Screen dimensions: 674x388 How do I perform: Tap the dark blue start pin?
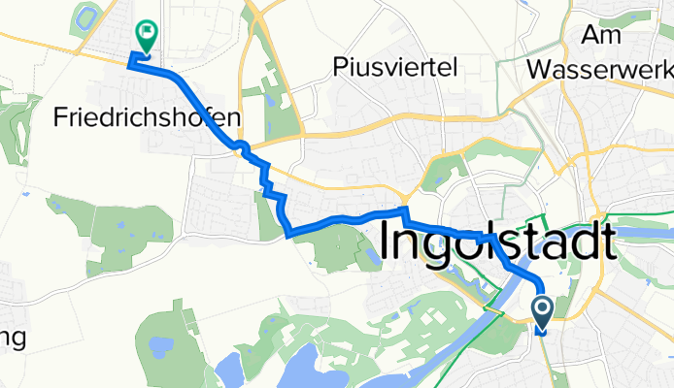point(542,313)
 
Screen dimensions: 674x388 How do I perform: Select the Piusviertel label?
point(394,66)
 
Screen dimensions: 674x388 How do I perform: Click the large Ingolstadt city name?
point(495,242)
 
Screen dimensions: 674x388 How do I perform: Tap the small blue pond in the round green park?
point(369,258)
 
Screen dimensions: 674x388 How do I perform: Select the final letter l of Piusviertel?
point(454,66)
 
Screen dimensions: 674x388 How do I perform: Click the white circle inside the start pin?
point(542,309)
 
